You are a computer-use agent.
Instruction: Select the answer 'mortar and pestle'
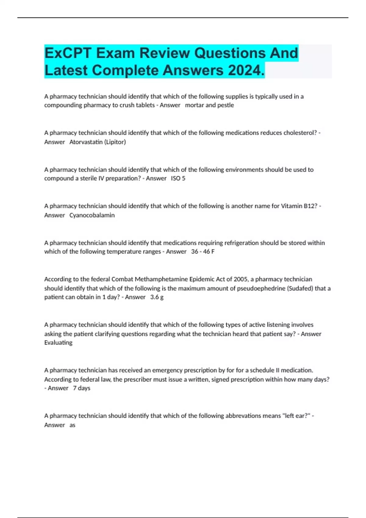(209, 105)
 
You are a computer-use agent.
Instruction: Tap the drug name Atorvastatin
(86, 142)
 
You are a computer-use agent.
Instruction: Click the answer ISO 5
(178, 179)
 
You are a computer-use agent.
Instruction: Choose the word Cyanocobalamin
(92, 215)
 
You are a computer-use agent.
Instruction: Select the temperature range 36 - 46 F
(203, 252)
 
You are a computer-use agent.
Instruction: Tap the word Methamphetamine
(161, 279)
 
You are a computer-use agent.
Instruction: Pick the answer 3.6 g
(157, 297)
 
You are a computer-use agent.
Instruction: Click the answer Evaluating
(58, 342)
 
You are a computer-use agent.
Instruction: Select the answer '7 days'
(81, 388)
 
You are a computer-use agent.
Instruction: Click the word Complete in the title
(126, 70)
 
